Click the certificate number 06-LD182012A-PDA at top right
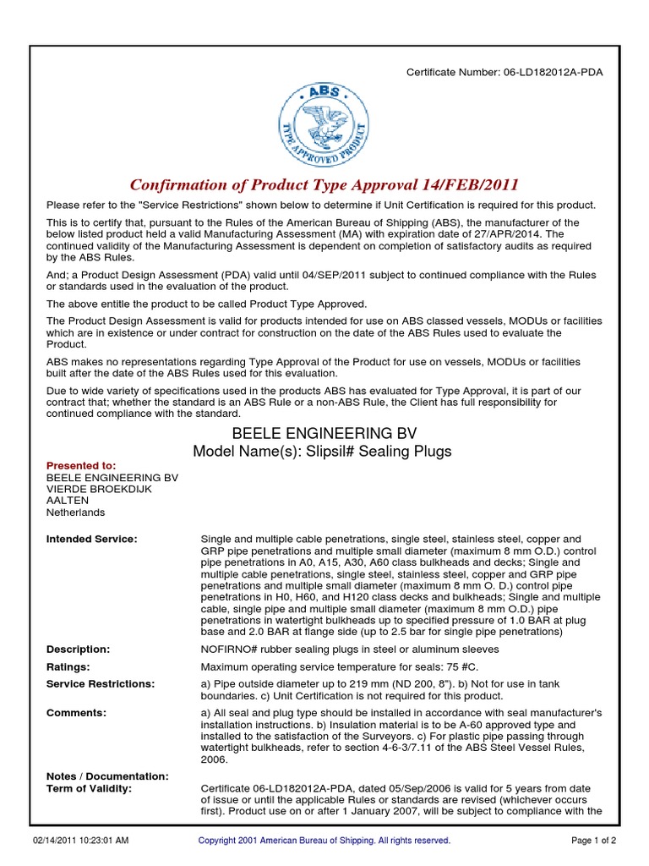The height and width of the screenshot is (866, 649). (554, 72)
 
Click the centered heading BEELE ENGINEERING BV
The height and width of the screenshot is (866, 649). (324, 433)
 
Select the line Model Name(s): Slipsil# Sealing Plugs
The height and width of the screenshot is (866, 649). (322, 452)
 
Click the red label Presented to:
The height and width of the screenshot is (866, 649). (81, 465)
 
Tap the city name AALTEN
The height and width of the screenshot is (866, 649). (68, 501)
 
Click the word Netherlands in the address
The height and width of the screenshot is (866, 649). (76, 512)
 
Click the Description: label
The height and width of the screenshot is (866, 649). (78, 649)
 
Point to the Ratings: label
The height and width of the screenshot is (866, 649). (68, 666)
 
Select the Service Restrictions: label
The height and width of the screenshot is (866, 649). (100, 683)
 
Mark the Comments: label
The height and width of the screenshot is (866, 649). (76, 713)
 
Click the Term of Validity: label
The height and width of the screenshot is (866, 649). (89, 788)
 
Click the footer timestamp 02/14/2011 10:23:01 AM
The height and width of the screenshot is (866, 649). (81, 841)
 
